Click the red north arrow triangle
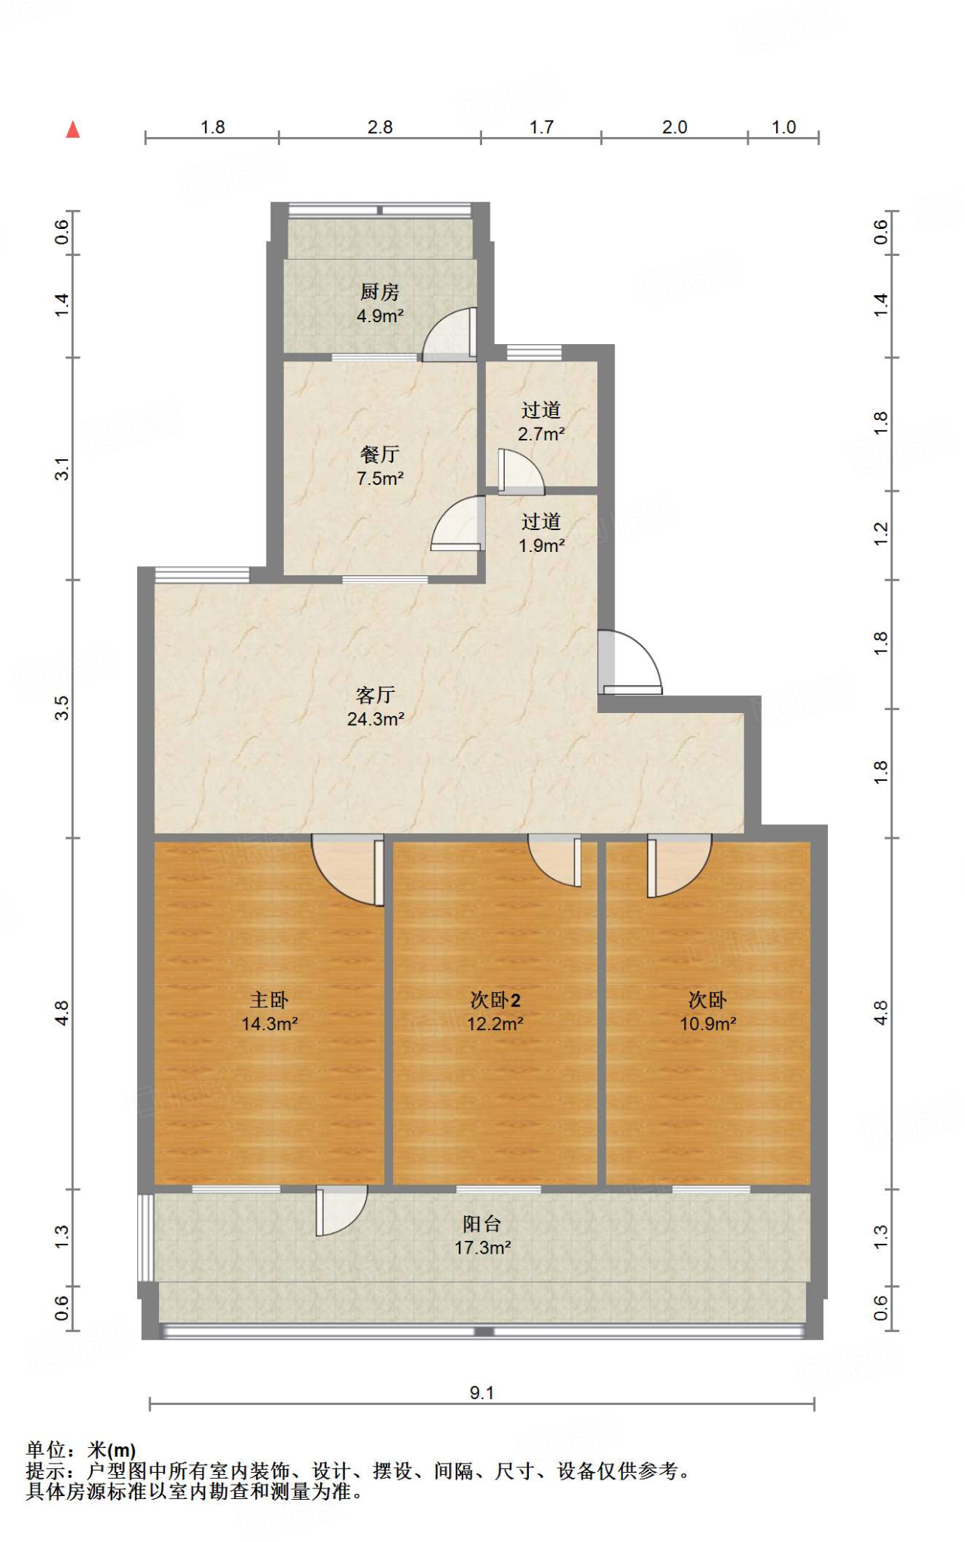click(x=73, y=130)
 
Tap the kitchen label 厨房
click(x=379, y=292)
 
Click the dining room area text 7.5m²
click(x=380, y=479)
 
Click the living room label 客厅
click(x=375, y=694)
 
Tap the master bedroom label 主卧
click(x=269, y=1000)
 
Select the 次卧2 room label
click(x=495, y=1000)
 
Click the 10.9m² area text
click(x=707, y=1024)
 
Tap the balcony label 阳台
click(x=482, y=1224)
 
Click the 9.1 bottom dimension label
click(x=481, y=1393)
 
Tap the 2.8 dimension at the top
click(x=380, y=127)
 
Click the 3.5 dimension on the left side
click(x=62, y=708)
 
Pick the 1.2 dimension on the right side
click(x=881, y=534)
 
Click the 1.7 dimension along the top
click(x=541, y=127)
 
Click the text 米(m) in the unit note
click(x=111, y=1449)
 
